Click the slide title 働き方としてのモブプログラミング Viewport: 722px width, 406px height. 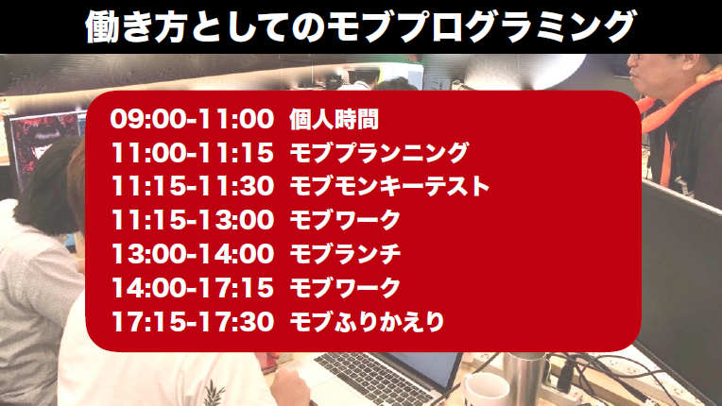(x=361, y=26)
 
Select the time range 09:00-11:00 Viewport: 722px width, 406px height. (x=192, y=119)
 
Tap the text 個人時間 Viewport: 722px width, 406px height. (x=334, y=120)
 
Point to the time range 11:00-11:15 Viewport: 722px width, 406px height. (x=192, y=153)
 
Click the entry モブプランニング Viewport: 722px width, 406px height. (x=379, y=153)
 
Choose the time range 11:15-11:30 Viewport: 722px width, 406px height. (x=192, y=187)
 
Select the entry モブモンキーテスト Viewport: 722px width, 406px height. (x=389, y=187)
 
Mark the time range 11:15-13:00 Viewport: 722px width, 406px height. (x=192, y=220)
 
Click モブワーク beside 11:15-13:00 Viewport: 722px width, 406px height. (x=345, y=220)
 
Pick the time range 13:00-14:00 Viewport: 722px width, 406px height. (x=192, y=254)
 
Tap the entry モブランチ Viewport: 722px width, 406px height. (x=345, y=254)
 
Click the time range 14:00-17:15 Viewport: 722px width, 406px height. (x=192, y=288)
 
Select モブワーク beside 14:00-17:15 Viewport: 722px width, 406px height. (x=345, y=288)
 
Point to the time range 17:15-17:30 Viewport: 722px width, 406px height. (x=192, y=321)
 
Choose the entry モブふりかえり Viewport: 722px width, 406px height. (x=367, y=321)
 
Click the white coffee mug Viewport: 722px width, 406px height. (x=487, y=390)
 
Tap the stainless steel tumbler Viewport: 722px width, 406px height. (x=524, y=378)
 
